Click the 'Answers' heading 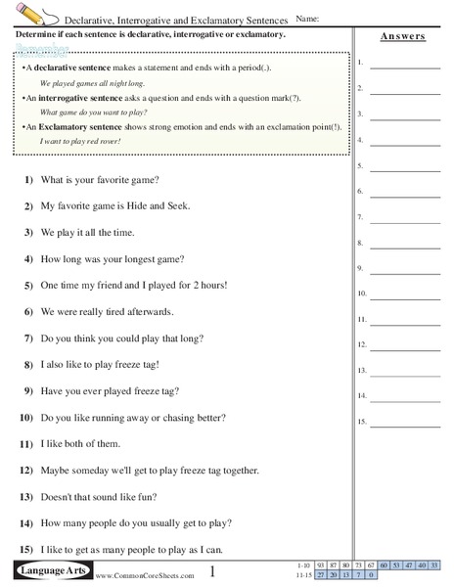(x=402, y=36)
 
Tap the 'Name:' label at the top (x=306, y=19)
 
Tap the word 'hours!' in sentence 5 (x=210, y=286)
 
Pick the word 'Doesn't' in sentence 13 (x=58, y=497)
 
